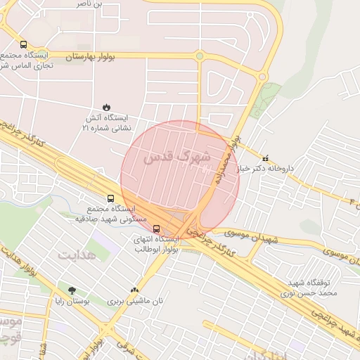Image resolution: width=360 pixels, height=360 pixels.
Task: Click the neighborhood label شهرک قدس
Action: point(176,158)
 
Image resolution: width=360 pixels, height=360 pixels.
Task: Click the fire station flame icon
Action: point(106,107)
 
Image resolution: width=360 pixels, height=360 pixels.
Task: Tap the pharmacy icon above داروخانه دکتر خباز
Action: point(265,157)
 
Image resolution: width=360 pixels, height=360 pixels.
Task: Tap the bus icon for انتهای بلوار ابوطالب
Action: point(156,228)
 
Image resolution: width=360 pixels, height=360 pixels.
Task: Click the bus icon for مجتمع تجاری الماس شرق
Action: point(24,44)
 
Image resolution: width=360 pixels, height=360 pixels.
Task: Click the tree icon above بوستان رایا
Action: point(72,290)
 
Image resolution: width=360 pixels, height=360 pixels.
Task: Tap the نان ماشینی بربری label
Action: point(135,301)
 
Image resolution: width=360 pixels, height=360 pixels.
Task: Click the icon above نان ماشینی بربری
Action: point(134,290)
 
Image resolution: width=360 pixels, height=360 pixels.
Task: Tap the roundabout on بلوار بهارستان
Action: point(200,56)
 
